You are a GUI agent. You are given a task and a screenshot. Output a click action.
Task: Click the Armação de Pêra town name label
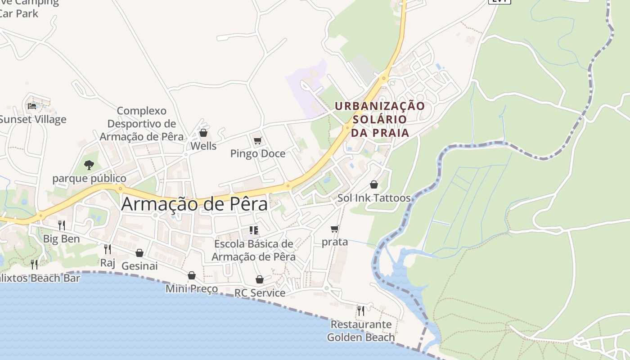tap(194, 204)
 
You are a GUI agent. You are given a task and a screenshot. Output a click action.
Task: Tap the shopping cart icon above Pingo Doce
tap(258, 141)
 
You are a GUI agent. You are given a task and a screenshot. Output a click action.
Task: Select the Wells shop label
tap(203, 146)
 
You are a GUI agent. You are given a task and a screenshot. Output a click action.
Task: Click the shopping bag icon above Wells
tap(203, 133)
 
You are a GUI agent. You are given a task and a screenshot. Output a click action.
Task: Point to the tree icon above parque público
tap(89, 165)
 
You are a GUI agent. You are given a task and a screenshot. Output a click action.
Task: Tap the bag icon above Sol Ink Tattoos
tap(373, 184)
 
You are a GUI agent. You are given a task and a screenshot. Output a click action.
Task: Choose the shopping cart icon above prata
tap(335, 229)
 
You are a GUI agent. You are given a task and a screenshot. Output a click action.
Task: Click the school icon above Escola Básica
tap(254, 231)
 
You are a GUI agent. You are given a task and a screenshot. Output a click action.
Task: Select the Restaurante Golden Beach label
tap(361, 331)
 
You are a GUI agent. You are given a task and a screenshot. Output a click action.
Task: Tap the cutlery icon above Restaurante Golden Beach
tap(361, 310)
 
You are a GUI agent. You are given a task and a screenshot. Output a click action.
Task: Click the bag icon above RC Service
tap(260, 279)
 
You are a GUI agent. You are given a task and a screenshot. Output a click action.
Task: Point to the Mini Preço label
tap(192, 288)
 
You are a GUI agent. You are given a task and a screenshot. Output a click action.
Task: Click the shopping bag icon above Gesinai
tap(139, 253)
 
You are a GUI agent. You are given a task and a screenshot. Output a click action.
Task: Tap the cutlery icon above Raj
tap(108, 249)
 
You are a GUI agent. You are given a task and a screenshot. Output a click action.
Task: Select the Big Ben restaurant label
tap(61, 239)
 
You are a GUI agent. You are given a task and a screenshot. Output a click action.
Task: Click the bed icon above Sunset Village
tap(32, 106)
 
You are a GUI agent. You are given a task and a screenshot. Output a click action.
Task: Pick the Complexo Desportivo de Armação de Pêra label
tap(142, 124)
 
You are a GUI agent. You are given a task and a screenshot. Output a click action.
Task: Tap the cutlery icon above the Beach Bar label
tap(34, 264)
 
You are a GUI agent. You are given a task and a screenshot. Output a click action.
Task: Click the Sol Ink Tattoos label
tap(374, 198)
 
